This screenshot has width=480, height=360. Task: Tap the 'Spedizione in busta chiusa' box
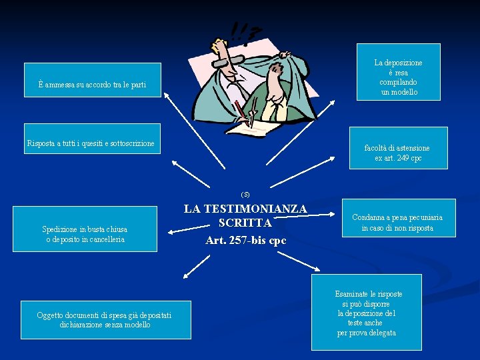tap(85, 234)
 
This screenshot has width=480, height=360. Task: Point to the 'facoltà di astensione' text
tap(397, 148)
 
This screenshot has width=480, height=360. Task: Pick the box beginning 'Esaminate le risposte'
tap(367, 312)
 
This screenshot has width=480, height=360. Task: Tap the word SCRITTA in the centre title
tap(245, 223)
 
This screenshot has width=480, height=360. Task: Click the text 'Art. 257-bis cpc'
tap(245, 240)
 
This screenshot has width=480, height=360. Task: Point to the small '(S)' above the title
tap(245, 194)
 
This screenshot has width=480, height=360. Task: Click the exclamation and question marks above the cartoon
tap(244, 31)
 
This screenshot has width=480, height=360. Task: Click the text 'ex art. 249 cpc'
tap(398, 159)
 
